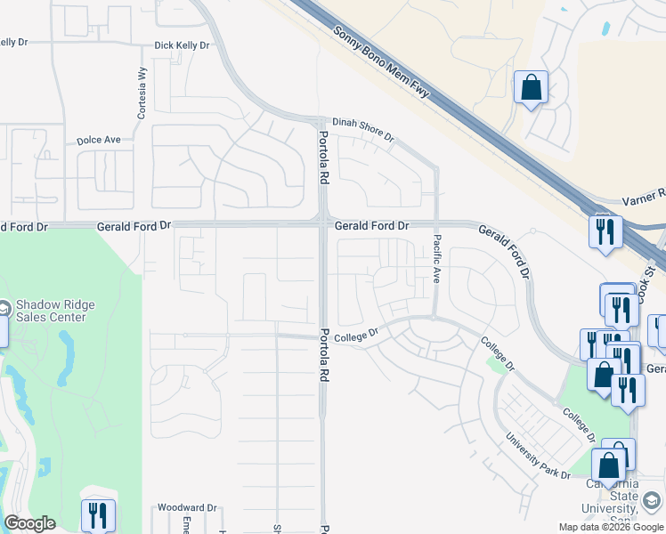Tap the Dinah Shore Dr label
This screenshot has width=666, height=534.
coord(362,129)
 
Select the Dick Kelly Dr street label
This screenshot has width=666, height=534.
coord(182,44)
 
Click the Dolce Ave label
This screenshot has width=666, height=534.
coord(98,140)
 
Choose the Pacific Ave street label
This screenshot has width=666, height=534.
coord(437,260)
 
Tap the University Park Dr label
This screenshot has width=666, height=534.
coord(538,456)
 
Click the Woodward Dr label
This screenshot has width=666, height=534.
coord(187,507)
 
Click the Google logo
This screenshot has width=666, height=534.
coord(29,523)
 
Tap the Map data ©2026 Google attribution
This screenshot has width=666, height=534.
coord(610,527)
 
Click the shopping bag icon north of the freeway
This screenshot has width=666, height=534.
coord(531,88)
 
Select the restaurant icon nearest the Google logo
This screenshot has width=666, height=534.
coord(98,514)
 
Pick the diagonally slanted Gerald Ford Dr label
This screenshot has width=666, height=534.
coord(505,249)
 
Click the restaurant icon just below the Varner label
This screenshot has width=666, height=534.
coord(605,232)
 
